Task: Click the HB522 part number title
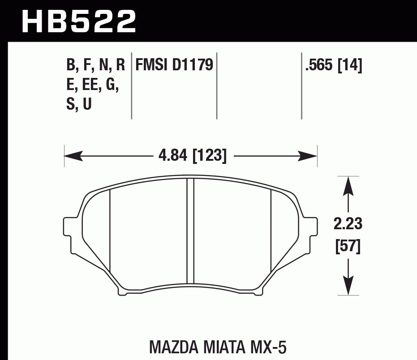(79, 21)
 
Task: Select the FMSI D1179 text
(174, 65)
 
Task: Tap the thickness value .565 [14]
(333, 65)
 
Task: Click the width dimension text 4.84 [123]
(192, 156)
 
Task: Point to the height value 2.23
(348, 223)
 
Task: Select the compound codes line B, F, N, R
(95, 65)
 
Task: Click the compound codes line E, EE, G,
(93, 85)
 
